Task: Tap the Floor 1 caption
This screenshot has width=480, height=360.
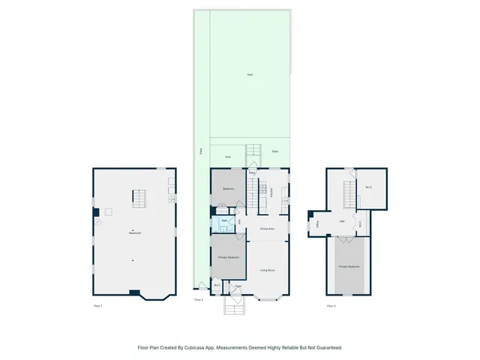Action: pyautogui.click(x=97, y=306)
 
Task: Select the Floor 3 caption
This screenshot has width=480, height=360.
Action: pyautogui.click(x=331, y=306)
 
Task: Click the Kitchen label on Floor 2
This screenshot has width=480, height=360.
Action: pyautogui.click(x=271, y=193)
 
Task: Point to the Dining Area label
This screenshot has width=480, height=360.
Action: pyautogui.click(x=266, y=228)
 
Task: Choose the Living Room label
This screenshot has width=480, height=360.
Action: pyautogui.click(x=266, y=270)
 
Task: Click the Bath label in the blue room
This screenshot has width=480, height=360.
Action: pyautogui.click(x=223, y=220)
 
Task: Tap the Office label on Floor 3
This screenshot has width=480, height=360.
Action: pyautogui.click(x=318, y=223)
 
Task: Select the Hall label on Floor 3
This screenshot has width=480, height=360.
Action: pyautogui.click(x=342, y=221)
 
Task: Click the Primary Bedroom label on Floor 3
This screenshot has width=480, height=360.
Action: pyautogui.click(x=349, y=267)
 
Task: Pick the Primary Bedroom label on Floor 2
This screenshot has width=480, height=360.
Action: pyautogui.click(x=228, y=257)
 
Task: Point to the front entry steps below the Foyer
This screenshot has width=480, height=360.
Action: pyautogui.click(x=235, y=308)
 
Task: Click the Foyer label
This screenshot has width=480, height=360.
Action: pyautogui.click(x=237, y=286)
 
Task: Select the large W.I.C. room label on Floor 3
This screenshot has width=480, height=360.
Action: pyautogui.click(x=369, y=187)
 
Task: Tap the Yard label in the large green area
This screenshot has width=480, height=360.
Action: pyautogui.click(x=250, y=74)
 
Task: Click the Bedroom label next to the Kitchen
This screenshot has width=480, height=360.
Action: pyautogui.click(x=228, y=188)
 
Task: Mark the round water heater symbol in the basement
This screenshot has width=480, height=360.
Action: pyautogui.click(x=97, y=222)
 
